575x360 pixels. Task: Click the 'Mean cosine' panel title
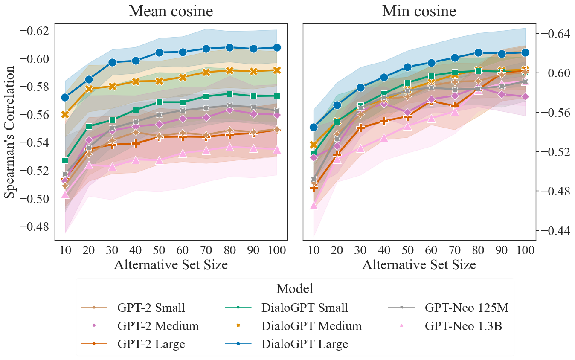171,12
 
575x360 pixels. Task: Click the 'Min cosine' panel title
419,12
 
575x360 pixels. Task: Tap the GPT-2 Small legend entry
151,308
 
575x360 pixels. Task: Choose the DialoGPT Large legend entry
305,344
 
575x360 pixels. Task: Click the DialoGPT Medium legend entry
311,326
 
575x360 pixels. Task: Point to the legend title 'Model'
295,289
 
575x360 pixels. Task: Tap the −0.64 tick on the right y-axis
555,34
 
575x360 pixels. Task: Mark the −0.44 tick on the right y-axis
555,230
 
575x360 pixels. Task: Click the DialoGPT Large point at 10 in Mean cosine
65,97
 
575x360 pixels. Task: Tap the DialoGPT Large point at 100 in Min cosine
525,52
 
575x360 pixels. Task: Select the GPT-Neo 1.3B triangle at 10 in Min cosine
314,206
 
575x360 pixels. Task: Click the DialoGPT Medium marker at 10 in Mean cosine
65,114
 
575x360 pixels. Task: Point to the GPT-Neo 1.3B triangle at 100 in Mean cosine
276,150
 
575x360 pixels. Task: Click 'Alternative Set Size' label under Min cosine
419,265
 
